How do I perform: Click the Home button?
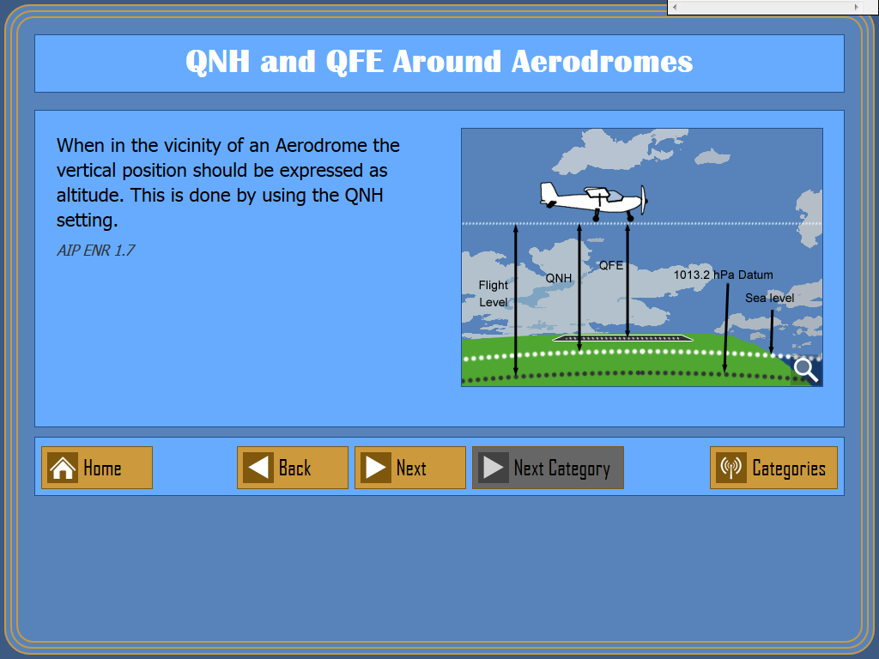pyautogui.click(x=97, y=468)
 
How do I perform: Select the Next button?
pyautogui.click(x=410, y=468)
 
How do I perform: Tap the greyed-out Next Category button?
pyautogui.click(x=548, y=468)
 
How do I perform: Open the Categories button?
pyautogui.click(x=773, y=468)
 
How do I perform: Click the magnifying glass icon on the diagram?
pyautogui.click(x=806, y=370)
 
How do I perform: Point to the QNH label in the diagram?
pyautogui.click(x=559, y=279)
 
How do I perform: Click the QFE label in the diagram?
pyautogui.click(x=611, y=266)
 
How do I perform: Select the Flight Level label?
pyautogui.click(x=494, y=293)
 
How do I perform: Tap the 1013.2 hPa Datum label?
pyautogui.click(x=723, y=275)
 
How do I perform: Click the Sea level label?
pyautogui.click(x=770, y=298)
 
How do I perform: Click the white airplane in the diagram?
pyautogui.click(x=594, y=201)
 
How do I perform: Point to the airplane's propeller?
pyautogui.click(x=644, y=199)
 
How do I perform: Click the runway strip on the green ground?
pyautogui.click(x=622, y=338)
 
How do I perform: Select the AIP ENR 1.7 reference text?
pyautogui.click(x=96, y=250)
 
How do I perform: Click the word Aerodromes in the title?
pyautogui.click(x=602, y=61)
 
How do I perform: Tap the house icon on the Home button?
pyautogui.click(x=62, y=468)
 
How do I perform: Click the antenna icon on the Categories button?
pyautogui.click(x=731, y=468)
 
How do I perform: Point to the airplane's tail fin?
pyautogui.click(x=549, y=193)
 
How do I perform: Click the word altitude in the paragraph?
pyautogui.click(x=91, y=195)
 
